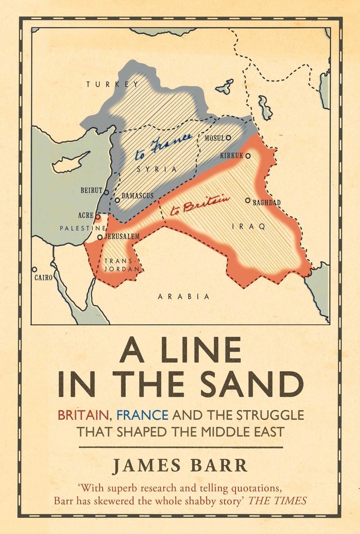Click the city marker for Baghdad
pos(248,200)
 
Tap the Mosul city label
pos(214,138)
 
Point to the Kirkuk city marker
pos(248,155)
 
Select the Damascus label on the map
pos(137,196)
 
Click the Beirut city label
pos(91,191)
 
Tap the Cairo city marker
pos(34,270)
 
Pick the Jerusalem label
pos(122,237)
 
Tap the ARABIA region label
pos(184,297)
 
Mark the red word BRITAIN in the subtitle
pos(84,416)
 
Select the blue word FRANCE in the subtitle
pos(142,416)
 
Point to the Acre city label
pos(86,215)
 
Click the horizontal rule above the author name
pos(181,447)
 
